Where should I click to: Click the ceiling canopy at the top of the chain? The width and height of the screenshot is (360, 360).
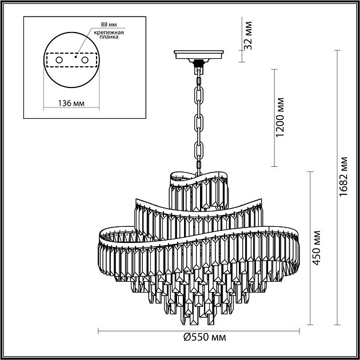(x=199, y=55)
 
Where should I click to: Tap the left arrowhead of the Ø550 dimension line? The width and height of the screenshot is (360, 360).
(x=99, y=330)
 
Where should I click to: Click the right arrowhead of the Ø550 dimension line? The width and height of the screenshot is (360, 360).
(x=298, y=330)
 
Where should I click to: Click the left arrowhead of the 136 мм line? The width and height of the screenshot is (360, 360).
(x=45, y=94)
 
